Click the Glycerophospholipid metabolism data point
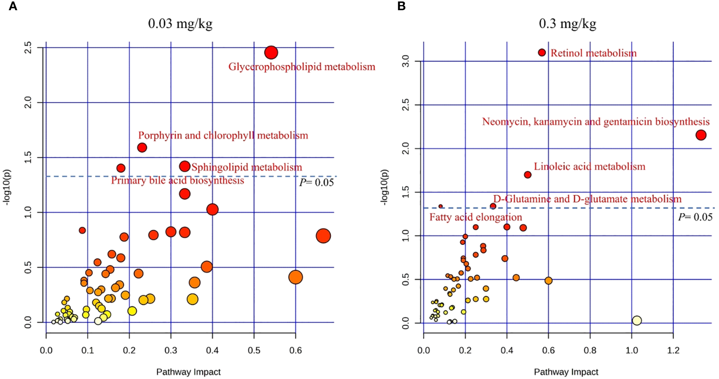[271, 52]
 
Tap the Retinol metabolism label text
[593, 53]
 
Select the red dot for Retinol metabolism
[542, 52]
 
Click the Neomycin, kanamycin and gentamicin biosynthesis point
[701, 135]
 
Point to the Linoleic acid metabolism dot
[527, 175]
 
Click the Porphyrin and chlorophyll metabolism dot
[142, 148]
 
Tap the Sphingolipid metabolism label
[247, 167]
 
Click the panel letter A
[13, 6]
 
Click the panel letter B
[401, 6]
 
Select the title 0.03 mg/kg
[180, 24]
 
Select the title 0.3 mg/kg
[567, 24]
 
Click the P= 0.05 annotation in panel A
[316, 182]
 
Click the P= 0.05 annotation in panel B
[695, 217]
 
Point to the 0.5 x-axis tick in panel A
[254, 351]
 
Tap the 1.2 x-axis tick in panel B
[673, 351]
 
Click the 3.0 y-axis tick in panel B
[405, 61]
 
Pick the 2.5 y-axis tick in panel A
[28, 47]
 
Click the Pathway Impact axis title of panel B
[566, 372]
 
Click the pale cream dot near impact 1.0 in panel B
[637, 320]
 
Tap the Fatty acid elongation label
[476, 217]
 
